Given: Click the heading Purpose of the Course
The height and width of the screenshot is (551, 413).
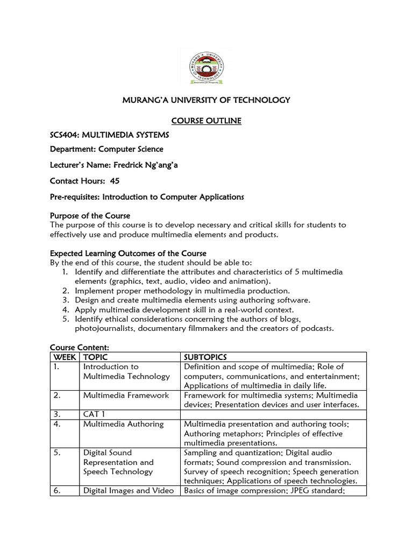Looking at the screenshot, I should pos(90,216).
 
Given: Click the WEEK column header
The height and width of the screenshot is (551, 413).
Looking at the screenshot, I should pos(63,357).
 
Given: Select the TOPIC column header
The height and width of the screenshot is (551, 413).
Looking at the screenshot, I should pos(95,357).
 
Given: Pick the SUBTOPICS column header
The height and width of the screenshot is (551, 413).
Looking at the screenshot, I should pos(205,357).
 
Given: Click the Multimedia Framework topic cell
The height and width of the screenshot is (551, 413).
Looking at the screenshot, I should pos(126,395).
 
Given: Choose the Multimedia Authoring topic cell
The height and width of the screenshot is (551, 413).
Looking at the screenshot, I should pos(123,424).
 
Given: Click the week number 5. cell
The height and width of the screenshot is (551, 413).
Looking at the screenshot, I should pos(57,453).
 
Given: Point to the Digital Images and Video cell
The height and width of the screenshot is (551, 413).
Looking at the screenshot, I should pos(129,490).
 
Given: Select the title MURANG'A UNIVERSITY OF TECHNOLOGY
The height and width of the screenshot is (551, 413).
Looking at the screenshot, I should pos(207,100).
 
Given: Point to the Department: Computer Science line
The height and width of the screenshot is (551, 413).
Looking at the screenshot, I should pos(106,150).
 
